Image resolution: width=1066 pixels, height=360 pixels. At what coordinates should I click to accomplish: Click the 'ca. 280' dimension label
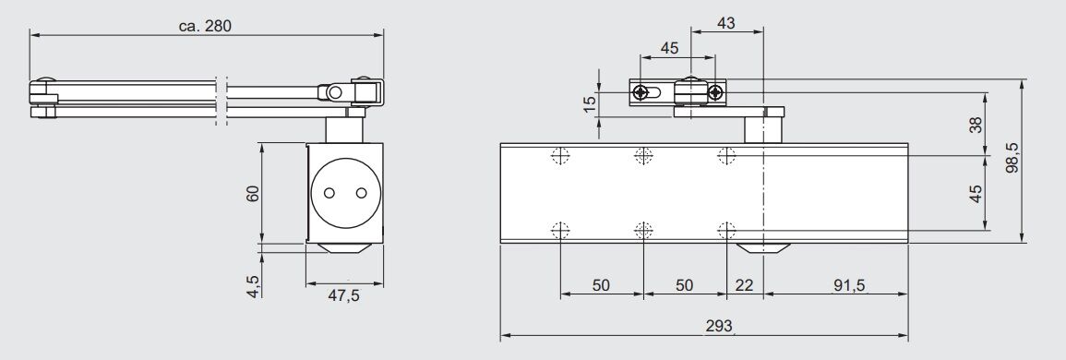coord(205,26)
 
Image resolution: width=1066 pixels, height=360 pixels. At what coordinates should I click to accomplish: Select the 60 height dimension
coord(253,193)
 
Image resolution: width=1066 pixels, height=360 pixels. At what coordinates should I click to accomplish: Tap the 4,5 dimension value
coord(253,286)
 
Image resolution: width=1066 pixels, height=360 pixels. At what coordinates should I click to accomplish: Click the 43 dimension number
coord(726,23)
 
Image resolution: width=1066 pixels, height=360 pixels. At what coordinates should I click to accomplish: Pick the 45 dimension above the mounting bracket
coord(670,48)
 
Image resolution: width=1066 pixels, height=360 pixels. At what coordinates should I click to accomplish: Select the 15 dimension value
coord(590,102)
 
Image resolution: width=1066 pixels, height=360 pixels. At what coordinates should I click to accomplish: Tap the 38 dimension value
coord(976,126)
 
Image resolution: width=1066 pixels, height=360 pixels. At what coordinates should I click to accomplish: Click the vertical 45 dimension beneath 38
coord(976,194)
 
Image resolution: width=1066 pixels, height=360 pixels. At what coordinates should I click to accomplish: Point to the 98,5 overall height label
coord(1012,157)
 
